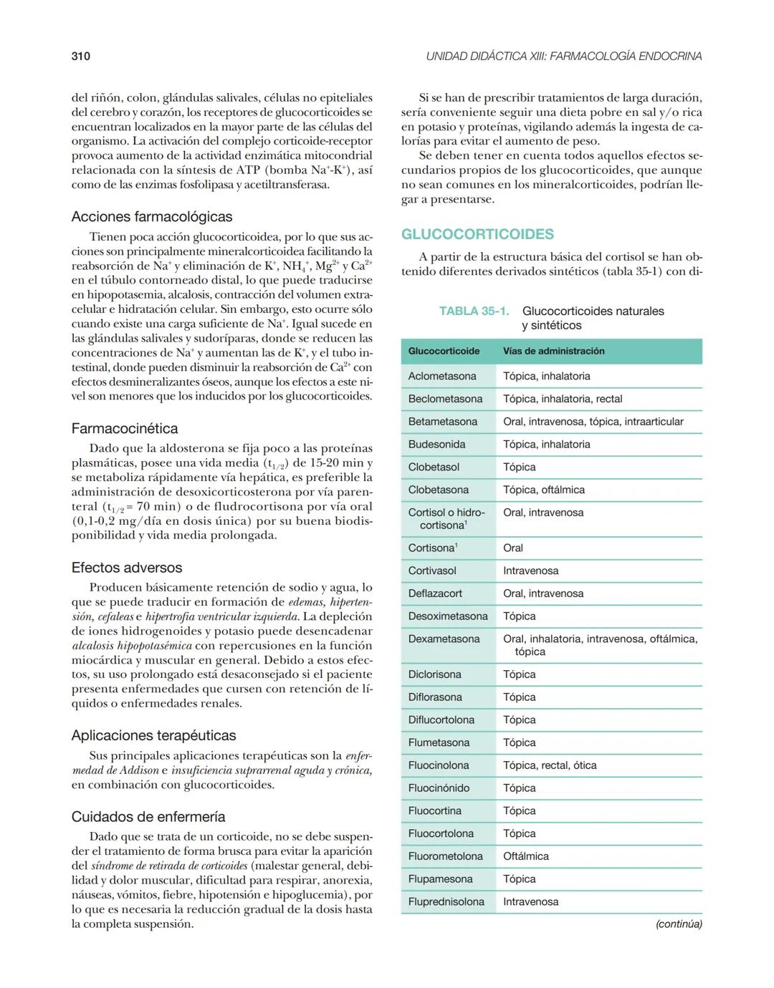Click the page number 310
point(80,56)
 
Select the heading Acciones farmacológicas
point(152,216)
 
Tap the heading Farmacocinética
point(125,428)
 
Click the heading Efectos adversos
point(127,567)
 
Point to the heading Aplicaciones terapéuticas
point(153,735)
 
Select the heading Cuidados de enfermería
point(148,816)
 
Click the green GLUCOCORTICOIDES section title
point(477,234)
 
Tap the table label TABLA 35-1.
point(474,311)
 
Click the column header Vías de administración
point(553,351)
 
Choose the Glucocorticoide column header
point(444,351)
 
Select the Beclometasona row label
point(445,399)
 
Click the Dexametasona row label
point(444,639)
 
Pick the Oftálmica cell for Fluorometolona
point(525,856)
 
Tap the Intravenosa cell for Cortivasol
point(530,571)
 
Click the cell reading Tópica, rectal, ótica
point(550,765)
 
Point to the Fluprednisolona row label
point(446,901)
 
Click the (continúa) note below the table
point(678,924)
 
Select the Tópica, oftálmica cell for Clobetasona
point(543,490)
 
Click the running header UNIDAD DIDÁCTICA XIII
point(563,56)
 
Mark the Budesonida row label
point(436,444)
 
